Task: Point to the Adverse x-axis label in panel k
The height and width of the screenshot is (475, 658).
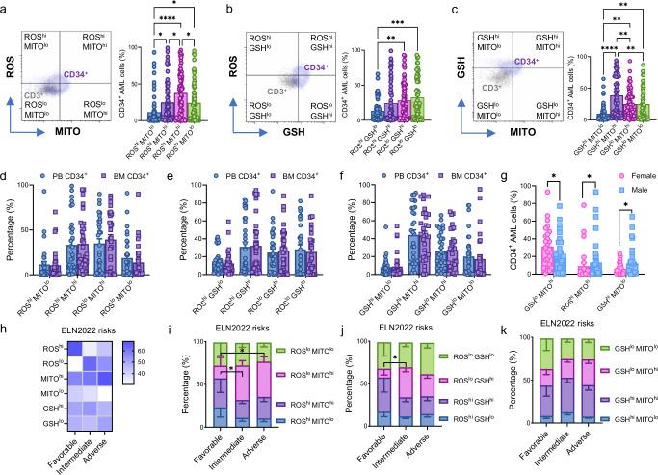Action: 609,453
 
